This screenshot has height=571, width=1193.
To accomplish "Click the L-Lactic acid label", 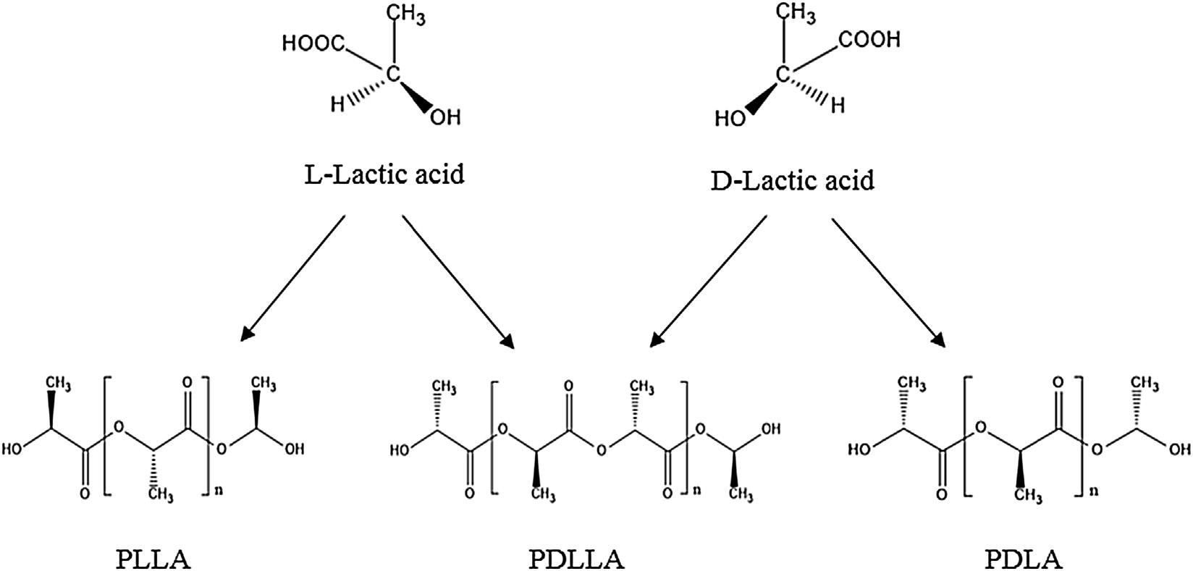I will pos(384,175).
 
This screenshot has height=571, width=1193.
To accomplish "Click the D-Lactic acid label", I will pos(793,179).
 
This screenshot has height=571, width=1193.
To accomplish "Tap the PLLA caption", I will pos(153,559).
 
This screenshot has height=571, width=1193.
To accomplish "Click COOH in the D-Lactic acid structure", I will pos(871,39).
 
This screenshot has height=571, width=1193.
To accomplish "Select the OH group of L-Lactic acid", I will pos(445,117).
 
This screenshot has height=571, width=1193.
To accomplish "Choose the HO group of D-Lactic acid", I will pos(729,118).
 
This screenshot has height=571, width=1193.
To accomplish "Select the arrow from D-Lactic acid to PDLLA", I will pos(708,281).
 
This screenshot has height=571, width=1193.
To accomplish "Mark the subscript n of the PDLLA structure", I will pos(697,490).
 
